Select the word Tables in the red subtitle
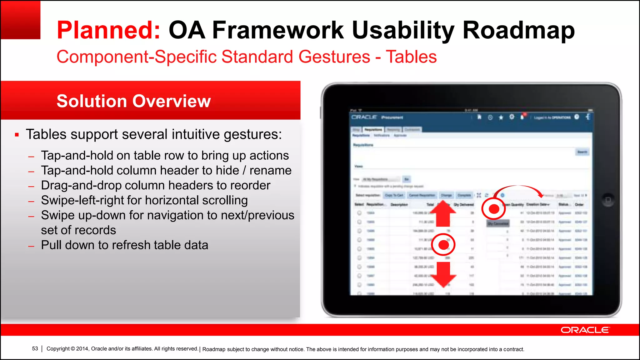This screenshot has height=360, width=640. [411, 57]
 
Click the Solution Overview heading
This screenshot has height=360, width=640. [134, 101]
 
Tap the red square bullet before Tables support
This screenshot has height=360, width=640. [17, 135]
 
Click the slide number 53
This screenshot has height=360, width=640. [35, 349]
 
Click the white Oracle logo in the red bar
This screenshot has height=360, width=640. [585, 330]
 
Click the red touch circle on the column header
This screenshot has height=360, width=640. [493, 209]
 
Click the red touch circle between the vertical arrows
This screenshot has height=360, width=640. [443, 245]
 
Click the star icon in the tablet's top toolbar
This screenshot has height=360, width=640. [501, 117]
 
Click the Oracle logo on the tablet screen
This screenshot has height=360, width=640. [364, 117]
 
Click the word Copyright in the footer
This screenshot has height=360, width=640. [58, 349]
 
